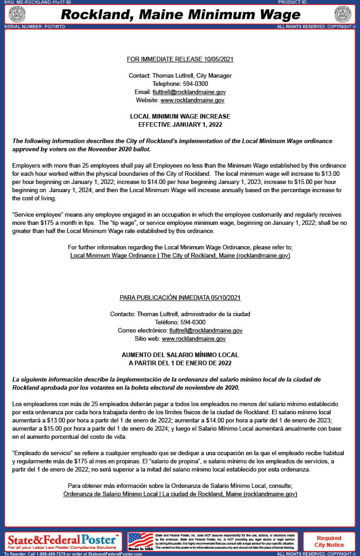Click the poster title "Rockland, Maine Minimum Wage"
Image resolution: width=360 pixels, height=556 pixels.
[180, 15]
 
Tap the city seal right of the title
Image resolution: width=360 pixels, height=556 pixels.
[344, 14]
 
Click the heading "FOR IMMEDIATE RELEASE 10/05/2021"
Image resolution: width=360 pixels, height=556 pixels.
[180, 59]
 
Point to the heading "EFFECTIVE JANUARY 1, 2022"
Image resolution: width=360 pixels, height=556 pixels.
[180, 124]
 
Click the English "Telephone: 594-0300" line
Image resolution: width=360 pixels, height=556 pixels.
[180, 84]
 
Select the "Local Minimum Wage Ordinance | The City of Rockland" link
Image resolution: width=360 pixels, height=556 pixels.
[180, 256]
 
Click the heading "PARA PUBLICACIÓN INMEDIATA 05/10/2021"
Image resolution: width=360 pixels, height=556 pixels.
[180, 298]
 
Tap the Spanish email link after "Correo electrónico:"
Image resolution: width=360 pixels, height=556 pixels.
[206, 330]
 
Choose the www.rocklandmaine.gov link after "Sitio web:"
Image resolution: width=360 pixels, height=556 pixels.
[194, 338]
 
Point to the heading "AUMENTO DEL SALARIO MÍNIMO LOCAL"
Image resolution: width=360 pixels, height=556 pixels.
[180, 355]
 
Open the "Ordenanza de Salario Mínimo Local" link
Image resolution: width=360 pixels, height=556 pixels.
[180, 494]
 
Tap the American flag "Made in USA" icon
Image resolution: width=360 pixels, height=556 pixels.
[140, 541]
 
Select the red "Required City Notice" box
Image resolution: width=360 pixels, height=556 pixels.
[329, 541]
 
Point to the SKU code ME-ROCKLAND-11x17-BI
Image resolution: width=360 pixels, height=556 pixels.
[43, 2]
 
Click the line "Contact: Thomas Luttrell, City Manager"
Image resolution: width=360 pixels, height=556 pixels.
[180, 75]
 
